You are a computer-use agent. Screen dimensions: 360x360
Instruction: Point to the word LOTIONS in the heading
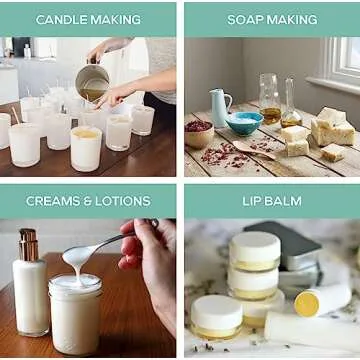(x=123, y=201)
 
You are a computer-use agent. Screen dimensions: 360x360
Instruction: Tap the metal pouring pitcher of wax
(x=92, y=83)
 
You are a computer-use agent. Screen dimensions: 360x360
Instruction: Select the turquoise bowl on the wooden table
(x=244, y=123)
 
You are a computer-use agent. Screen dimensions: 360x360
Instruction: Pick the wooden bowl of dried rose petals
(x=199, y=133)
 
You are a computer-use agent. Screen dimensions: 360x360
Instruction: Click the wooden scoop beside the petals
(x=253, y=149)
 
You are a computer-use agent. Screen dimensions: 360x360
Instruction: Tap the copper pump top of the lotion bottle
(x=28, y=244)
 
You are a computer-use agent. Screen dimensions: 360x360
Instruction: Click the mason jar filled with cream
(x=76, y=314)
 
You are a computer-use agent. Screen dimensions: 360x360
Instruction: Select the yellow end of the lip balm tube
(x=307, y=303)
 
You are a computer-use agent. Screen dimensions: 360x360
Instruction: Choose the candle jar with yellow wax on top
(x=86, y=148)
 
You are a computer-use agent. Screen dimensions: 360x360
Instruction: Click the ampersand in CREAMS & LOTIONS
(x=90, y=201)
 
